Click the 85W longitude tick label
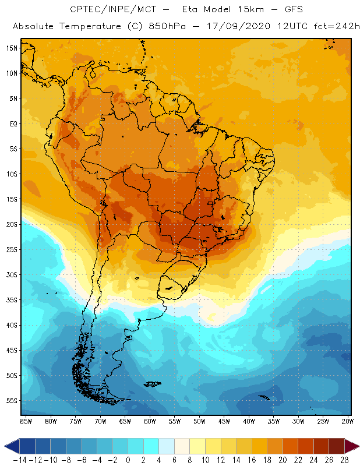(x=26, y=421)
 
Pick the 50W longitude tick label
(x=200, y=421)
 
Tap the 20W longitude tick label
(x=348, y=421)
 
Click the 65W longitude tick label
(x=125, y=421)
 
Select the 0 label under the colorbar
(x=128, y=460)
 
